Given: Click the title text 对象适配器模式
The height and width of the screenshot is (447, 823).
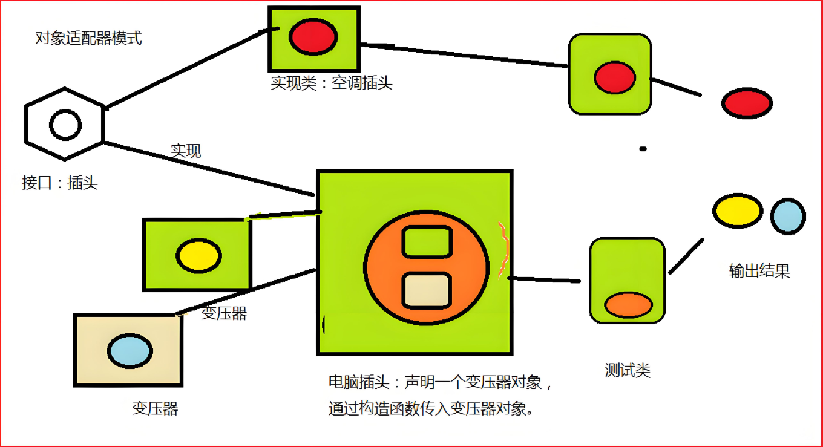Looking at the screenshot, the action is coord(88,39).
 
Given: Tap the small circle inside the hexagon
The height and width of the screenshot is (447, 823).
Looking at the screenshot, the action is coord(65,125).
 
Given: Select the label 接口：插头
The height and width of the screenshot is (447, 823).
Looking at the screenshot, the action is coord(59,183).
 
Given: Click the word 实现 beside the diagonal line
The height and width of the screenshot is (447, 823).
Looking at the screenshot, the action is coord(186,151).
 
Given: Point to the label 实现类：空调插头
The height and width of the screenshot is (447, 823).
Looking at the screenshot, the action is coord(332,83).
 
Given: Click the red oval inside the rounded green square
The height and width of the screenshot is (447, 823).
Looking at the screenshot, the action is coord(614,78).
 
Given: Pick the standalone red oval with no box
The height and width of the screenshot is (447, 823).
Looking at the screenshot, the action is coord(747,103).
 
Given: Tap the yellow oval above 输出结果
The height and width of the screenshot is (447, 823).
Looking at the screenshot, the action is coord(737,210).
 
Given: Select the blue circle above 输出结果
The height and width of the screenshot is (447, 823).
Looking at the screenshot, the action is coord(788,217).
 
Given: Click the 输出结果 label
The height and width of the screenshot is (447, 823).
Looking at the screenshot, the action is coord(759,271).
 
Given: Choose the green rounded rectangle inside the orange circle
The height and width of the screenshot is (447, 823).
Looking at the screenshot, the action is coord(427,242).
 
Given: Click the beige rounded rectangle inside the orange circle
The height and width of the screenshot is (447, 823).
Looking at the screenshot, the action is coord(427,291).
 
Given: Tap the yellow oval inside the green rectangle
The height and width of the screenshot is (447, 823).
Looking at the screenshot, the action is coord(198,255).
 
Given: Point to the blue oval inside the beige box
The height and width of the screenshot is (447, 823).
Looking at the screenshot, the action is coord(130,350).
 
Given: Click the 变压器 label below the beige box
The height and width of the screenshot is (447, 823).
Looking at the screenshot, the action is coord(155,408).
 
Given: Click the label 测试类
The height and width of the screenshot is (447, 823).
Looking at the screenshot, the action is coord(628,370).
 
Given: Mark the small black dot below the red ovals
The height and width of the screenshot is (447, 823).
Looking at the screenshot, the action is coord(643,148).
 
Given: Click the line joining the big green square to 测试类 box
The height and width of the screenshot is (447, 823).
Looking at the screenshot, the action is coord(544,279).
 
